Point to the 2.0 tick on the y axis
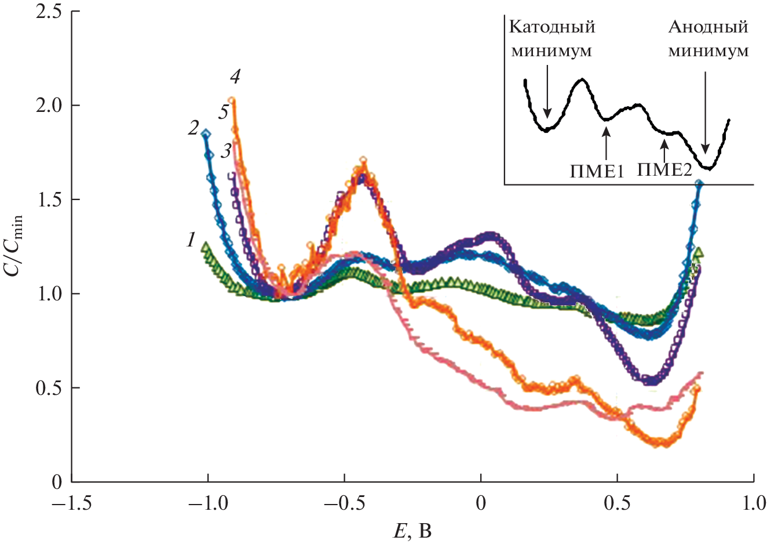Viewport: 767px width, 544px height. tap(49, 106)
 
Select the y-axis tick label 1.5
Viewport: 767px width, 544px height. tap(49, 200)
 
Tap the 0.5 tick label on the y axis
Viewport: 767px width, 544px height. tap(49, 387)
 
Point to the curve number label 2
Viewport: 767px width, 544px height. tap(193, 128)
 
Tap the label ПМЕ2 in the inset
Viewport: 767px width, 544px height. tap(664, 169)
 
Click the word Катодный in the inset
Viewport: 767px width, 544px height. tap(551, 27)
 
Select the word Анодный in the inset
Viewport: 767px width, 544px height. tap(708, 27)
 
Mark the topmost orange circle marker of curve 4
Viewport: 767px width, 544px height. tap(232, 101)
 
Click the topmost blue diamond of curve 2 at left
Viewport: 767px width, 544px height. tap(206, 133)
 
